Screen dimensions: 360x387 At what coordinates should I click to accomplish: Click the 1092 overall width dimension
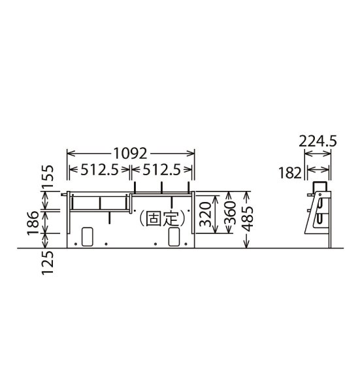130,154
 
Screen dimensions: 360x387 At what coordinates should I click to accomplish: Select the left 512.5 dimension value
100,170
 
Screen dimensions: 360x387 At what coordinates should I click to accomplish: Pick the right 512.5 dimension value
161,170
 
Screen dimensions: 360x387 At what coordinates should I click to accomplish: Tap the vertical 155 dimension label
48,177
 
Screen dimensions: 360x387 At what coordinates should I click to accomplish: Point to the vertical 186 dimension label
33,223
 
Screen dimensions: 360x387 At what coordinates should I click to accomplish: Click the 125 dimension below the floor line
48,263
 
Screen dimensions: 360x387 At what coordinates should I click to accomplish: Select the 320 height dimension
205,214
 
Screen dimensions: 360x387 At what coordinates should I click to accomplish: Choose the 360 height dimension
230,212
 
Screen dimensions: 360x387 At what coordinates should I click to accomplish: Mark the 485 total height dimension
247,219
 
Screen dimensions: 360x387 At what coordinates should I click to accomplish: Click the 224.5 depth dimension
318,142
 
